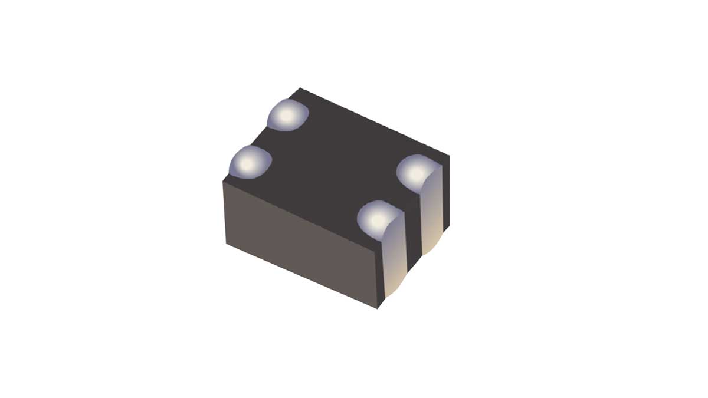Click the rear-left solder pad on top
click(288, 115)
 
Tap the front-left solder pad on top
click(250, 162)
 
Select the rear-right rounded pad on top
click(416, 172)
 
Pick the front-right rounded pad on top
click(378, 218)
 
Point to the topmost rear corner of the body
click(300, 88)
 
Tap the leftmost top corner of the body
click(222, 181)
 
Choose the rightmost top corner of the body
click(449, 156)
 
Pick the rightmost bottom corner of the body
click(448, 226)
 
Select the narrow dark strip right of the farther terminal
click(445, 195)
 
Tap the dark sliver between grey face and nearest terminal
click(381, 277)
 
